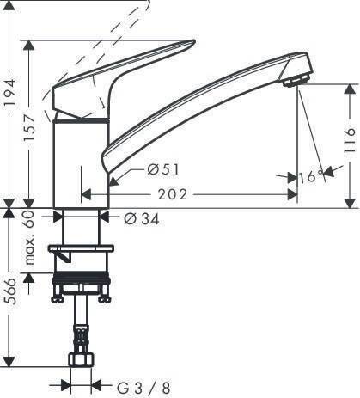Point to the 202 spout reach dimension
[174, 195]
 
